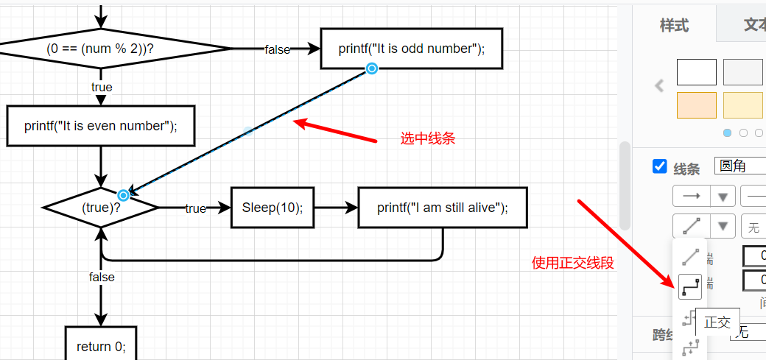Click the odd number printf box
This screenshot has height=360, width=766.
(x=411, y=49)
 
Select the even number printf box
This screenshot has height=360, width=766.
(x=101, y=126)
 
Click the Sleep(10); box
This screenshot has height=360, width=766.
(x=272, y=208)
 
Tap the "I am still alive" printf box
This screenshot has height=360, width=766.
(x=443, y=208)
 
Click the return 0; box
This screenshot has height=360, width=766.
(x=102, y=345)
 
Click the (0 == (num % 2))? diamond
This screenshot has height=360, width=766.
(x=105, y=49)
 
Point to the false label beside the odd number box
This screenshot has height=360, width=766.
(x=278, y=49)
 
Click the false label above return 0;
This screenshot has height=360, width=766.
(x=102, y=277)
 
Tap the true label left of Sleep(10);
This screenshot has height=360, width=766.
(x=195, y=208)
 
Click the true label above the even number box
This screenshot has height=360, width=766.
(x=102, y=87)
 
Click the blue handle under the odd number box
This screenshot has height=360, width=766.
(x=372, y=68)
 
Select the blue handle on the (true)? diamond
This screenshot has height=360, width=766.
(x=124, y=195)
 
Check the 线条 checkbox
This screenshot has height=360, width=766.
(x=660, y=166)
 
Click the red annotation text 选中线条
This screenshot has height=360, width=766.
(x=428, y=138)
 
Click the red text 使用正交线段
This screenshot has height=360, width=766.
(x=573, y=262)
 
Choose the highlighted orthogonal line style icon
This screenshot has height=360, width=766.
(x=690, y=286)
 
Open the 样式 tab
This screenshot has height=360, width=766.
(x=674, y=25)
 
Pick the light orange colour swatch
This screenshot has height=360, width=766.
(x=696, y=105)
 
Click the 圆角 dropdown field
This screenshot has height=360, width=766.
(x=739, y=166)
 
